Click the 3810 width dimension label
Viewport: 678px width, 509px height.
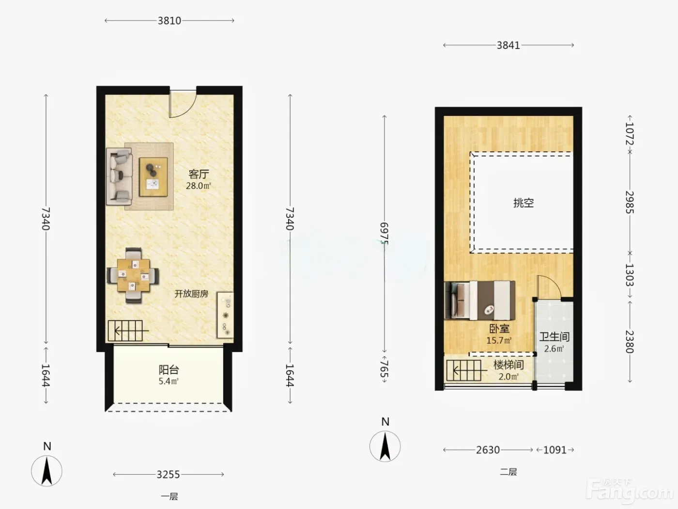pos(169,21)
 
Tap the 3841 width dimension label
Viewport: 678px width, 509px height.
pos(508,46)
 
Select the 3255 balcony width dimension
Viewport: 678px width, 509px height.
pos(168,475)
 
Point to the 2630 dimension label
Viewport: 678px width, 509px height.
pos(488,450)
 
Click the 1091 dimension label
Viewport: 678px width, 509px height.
pos(555,450)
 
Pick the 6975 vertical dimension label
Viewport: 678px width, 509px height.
pos(384,234)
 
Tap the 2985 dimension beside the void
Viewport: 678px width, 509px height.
pos(630,203)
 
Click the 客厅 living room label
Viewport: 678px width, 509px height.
pos(199,175)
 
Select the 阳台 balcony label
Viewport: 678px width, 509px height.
pos(169,369)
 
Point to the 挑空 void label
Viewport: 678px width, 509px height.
pos(524,203)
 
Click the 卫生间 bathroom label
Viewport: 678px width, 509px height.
pos(555,337)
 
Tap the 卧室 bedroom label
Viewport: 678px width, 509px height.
pos(499,329)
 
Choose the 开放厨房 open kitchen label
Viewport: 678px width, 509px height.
pos(191,294)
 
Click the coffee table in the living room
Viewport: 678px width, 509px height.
pos(153,177)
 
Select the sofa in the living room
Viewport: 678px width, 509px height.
pos(119,176)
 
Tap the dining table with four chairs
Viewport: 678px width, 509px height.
pos(133,275)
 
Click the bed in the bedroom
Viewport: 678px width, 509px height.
pos(480,300)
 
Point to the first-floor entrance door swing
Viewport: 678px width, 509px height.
pos(183,104)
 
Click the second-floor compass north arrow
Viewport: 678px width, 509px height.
pos(385,446)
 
